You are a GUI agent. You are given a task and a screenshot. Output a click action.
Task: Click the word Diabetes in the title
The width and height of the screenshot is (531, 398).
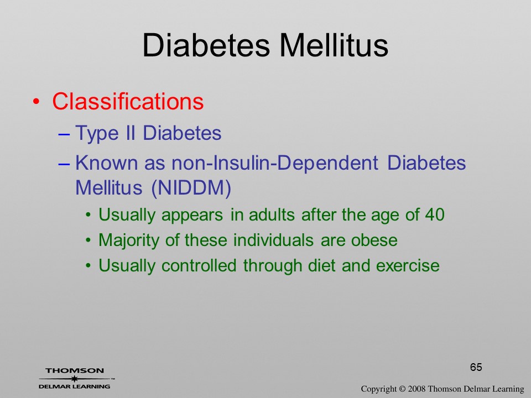point(206,45)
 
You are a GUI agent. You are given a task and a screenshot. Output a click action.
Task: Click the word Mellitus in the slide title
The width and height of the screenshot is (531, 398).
point(334,45)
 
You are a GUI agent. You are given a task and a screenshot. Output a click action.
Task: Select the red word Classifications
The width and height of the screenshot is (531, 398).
point(128,101)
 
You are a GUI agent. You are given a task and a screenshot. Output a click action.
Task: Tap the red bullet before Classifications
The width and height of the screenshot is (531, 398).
point(37,102)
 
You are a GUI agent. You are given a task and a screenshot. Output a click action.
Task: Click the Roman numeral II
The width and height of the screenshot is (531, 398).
point(131,133)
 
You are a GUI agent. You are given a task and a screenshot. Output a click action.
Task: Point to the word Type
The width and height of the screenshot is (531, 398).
point(96,133)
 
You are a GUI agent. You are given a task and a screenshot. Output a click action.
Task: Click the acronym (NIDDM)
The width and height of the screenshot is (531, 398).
point(191,187)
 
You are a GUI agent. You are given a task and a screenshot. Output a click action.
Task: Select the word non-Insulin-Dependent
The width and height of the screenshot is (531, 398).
point(275,163)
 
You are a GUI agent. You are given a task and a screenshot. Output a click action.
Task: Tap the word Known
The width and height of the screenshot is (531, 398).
point(107,163)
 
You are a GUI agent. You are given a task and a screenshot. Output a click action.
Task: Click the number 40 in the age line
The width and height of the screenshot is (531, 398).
point(435,215)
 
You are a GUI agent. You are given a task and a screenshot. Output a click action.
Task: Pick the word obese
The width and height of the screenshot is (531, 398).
point(374,240)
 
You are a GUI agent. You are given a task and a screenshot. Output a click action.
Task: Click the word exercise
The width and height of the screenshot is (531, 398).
point(408,266)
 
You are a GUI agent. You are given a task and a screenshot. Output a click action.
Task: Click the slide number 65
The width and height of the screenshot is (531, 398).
point(476,367)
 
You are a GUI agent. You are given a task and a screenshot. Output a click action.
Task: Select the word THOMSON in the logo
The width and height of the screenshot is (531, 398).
point(75,371)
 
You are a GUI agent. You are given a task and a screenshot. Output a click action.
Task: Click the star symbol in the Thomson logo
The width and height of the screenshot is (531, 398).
point(74,379)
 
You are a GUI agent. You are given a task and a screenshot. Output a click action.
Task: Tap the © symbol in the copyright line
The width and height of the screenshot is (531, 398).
point(402,389)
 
